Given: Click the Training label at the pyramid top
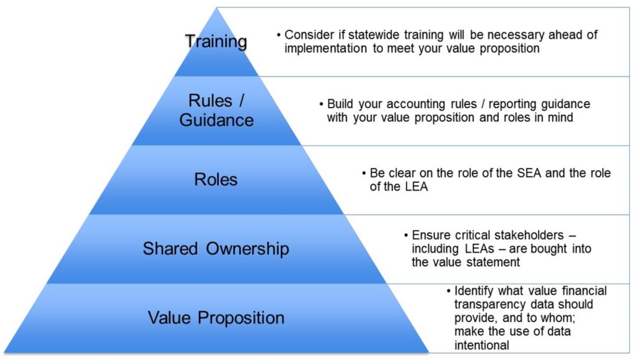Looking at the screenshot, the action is pyautogui.click(x=216, y=41).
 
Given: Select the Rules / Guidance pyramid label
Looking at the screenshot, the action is pyautogui.click(x=216, y=110).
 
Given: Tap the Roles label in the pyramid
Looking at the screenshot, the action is pyautogui.click(x=215, y=180).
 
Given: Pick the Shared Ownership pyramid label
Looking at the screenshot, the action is pyautogui.click(x=216, y=248).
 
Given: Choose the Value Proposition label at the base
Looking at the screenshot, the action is pyautogui.click(x=216, y=318).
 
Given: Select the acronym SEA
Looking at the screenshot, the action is pyautogui.click(x=529, y=173).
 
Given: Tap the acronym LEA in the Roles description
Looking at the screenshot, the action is pyautogui.click(x=415, y=187).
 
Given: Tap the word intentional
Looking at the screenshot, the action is pyautogui.click(x=481, y=346).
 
